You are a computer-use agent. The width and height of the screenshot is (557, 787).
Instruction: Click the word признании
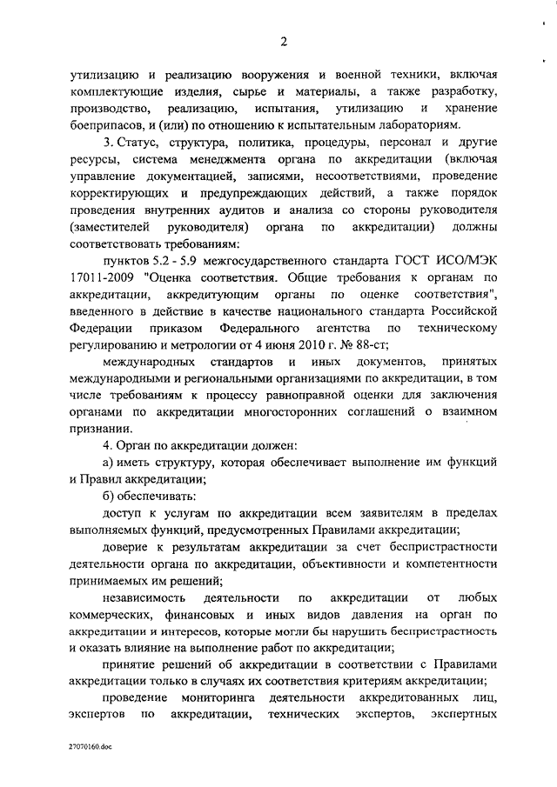[x=98, y=429]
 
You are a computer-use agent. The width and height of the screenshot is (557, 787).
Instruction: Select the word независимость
[x=143, y=597]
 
